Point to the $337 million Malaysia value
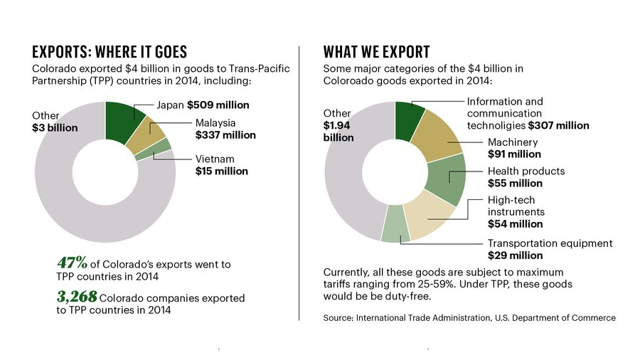click(225, 134)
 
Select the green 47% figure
click(72, 263)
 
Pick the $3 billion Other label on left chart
click(55, 128)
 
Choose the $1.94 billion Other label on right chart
click(338, 131)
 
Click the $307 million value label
click(558, 125)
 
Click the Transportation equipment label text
click(549, 243)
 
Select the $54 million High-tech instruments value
click(515, 224)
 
